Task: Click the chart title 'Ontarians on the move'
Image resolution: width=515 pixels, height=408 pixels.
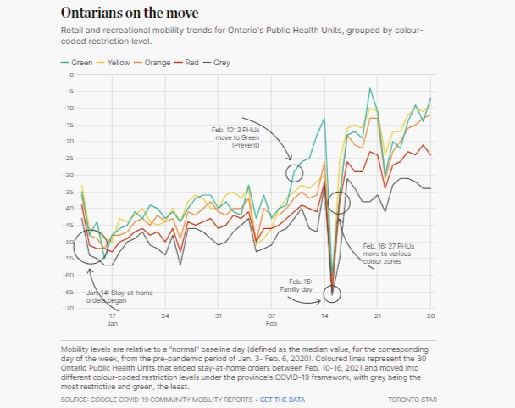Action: [x=130, y=14]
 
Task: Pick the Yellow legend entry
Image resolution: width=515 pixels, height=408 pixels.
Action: [x=116, y=63]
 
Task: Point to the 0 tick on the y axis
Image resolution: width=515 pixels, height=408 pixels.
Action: [x=71, y=75]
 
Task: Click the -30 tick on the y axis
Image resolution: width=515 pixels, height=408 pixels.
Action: [x=69, y=175]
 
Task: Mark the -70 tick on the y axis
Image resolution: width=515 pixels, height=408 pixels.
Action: [x=69, y=308]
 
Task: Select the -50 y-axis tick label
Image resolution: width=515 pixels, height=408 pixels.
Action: [x=69, y=242]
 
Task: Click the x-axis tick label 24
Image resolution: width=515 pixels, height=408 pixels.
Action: [x=165, y=316]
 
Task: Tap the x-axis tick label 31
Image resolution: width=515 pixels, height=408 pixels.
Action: [x=219, y=316]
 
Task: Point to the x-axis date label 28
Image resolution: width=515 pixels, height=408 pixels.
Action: [x=430, y=316]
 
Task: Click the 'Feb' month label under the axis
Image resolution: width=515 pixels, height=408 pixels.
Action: [x=272, y=325]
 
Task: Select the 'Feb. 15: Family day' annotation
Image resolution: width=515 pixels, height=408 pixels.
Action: [x=296, y=284]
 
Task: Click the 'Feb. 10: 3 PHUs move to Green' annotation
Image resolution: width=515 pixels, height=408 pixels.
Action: [x=236, y=137]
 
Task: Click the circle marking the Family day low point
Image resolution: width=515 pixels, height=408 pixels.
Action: [x=333, y=293]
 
